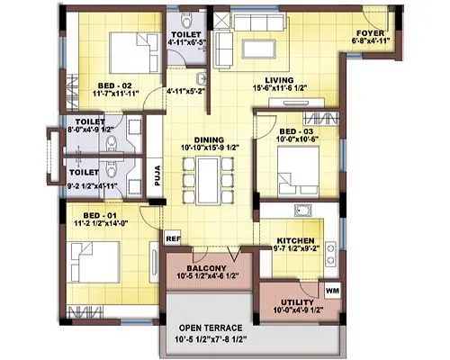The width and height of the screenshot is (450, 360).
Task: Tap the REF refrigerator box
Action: pos(173,238)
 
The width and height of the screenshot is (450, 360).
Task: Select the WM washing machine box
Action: pos(331,291)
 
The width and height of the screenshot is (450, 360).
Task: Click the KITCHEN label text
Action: pos(295,241)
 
